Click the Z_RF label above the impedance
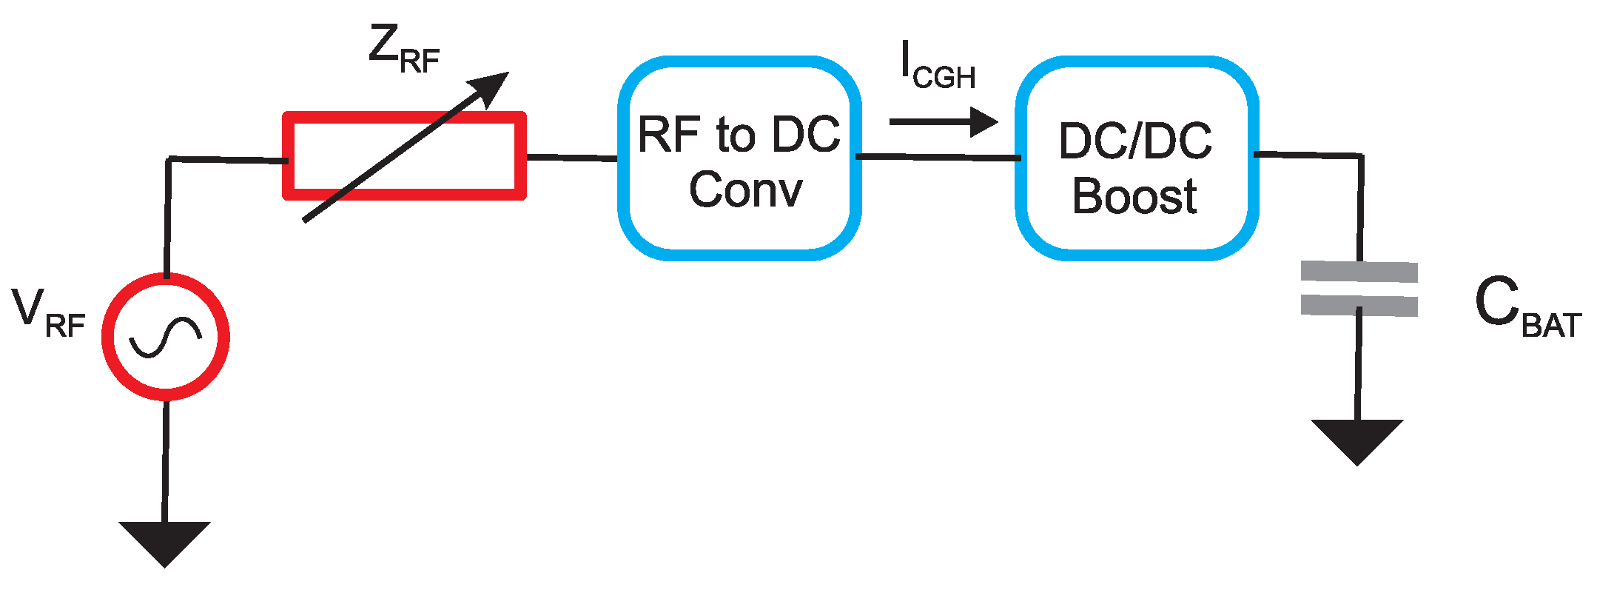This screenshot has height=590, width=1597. (x=404, y=50)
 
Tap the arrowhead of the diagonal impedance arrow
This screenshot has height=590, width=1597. (x=491, y=87)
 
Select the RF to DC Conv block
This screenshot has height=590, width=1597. (x=739, y=158)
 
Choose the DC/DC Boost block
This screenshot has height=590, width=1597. (x=1137, y=158)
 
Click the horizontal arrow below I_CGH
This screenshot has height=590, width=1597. (x=943, y=122)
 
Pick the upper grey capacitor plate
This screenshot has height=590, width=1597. (x=1359, y=272)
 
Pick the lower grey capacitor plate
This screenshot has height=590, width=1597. (x=1359, y=305)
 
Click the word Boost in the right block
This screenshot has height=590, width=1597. (x=1134, y=197)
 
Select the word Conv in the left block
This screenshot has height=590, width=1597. (x=745, y=190)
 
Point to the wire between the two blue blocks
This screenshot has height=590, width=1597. (x=938, y=157)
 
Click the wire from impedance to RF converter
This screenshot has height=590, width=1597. (x=571, y=158)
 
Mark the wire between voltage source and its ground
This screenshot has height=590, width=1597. (x=165, y=459)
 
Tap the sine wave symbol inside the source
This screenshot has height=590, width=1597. (x=165, y=337)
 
